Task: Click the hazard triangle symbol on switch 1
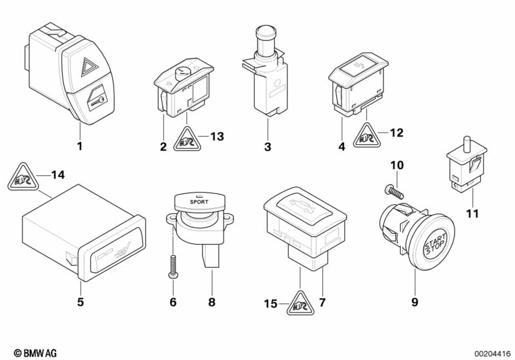click(x=89, y=68)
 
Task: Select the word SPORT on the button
click(x=199, y=202)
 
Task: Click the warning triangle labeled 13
click(x=187, y=139)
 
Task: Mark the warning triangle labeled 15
click(x=300, y=303)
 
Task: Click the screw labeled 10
click(x=394, y=191)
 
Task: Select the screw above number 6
click(x=173, y=268)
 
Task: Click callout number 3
click(x=267, y=146)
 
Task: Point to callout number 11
click(x=472, y=214)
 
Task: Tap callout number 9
click(x=415, y=302)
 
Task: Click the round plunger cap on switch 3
click(x=264, y=33)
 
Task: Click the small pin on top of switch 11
click(x=465, y=143)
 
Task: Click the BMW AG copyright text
click(x=35, y=353)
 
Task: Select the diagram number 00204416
click(x=492, y=354)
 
